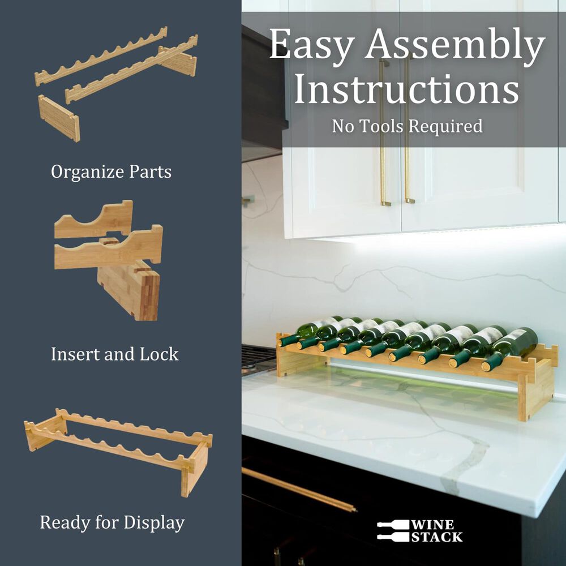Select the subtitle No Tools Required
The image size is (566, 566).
pos(407,126)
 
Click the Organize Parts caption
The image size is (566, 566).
pos(111,171)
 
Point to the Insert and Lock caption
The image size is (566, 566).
pos(114,354)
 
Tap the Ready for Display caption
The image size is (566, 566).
pos(112,522)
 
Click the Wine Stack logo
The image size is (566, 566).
pos(419,531)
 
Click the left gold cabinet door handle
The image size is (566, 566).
pos(384,133)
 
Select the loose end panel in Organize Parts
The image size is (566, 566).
pos(59,118)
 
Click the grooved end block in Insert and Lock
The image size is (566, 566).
pos(129,289)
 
